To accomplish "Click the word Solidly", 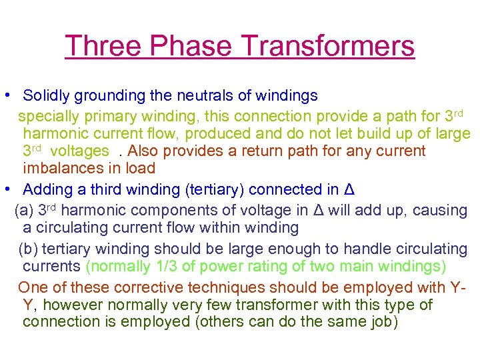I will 47,96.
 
